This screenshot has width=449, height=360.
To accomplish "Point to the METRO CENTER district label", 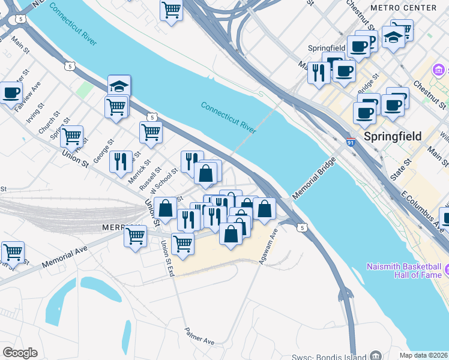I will pos(403,8).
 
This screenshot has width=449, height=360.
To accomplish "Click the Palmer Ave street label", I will pos(199,337).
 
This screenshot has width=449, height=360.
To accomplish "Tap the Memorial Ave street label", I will pos(65,256).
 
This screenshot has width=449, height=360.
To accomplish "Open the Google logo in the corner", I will pos(20,353).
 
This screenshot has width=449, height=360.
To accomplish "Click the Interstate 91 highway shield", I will pos(352,143).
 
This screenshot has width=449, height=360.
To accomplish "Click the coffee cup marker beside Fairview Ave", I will pos(11,93).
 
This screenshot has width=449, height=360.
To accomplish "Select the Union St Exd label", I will pos(167,259).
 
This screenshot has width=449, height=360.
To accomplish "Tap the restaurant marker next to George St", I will pos(121,161).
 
